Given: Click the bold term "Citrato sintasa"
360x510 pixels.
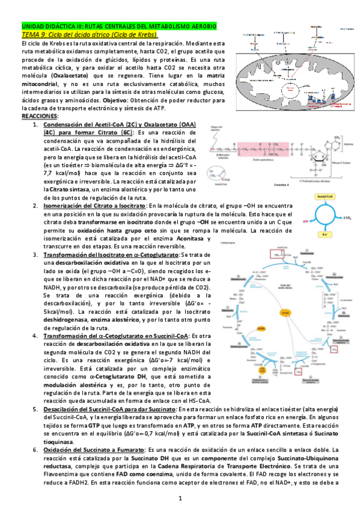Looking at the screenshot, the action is (70, 189).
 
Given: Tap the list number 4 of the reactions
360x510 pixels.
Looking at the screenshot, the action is (35, 335).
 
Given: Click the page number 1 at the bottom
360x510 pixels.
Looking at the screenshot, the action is (180, 498).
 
